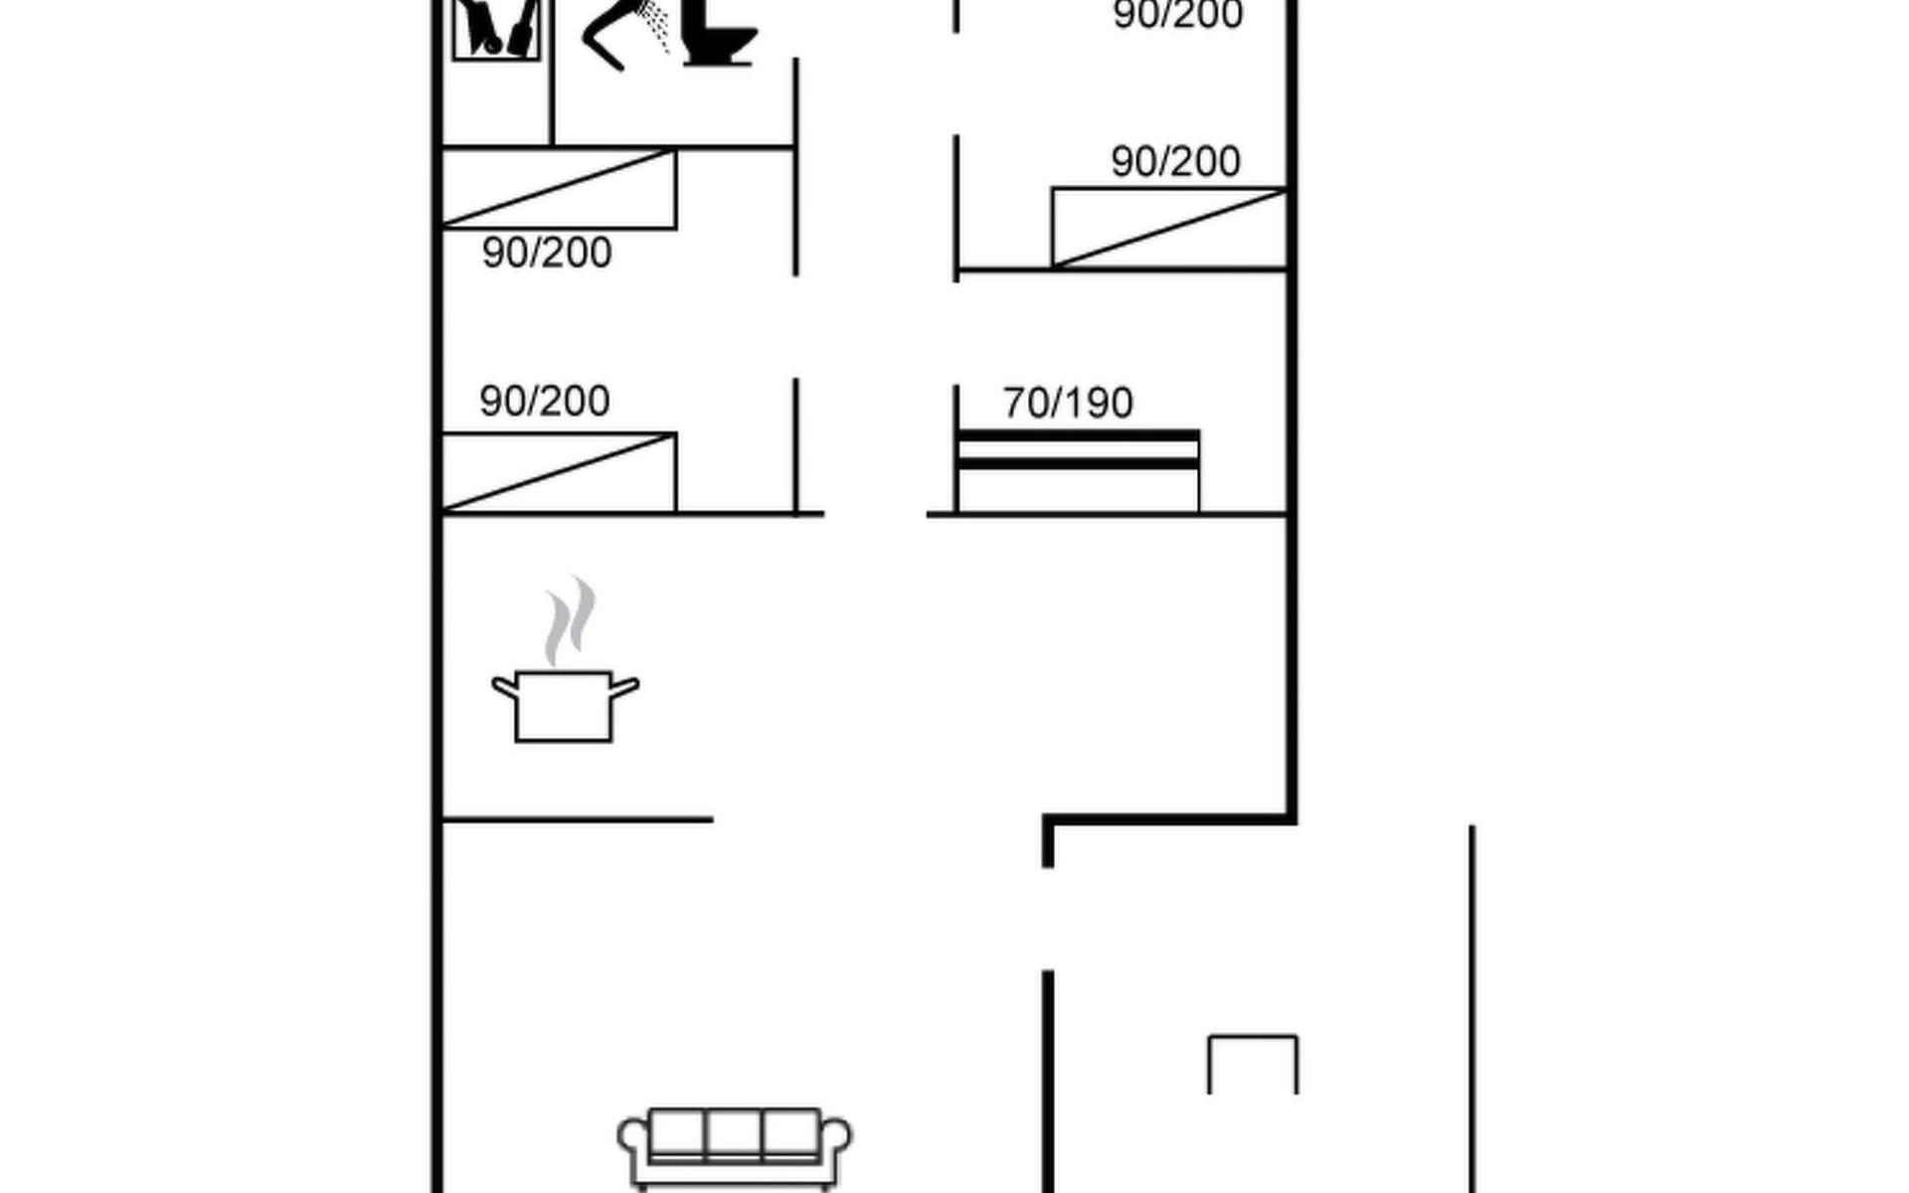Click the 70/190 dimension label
1068,403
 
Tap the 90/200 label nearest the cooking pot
545,401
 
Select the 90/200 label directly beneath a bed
547,253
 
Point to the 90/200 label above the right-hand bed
1175,161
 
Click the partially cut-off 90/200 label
1178,15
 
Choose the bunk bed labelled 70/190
1078,471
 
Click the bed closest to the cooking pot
559,472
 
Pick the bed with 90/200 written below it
559,189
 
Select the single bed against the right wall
1169,228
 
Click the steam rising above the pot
570,621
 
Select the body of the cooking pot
564,707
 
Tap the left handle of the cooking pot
505,687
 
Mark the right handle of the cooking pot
624,687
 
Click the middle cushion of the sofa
734,1133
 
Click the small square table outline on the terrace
1253,1037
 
